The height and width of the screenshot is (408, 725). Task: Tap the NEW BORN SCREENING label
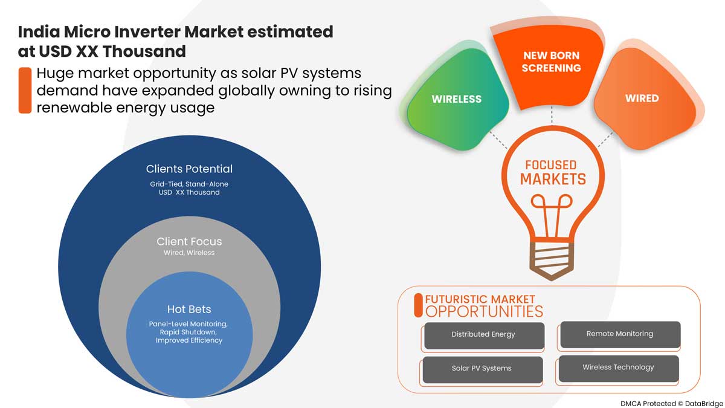(x=551, y=62)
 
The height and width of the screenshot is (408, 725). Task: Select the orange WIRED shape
(x=642, y=98)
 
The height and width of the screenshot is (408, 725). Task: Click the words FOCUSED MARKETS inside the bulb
(x=552, y=173)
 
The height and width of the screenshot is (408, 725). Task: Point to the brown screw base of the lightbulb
(x=552, y=260)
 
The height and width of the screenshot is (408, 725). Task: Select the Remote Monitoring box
(x=620, y=334)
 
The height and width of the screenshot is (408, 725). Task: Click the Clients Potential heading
(x=189, y=169)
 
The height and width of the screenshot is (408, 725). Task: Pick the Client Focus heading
(x=189, y=242)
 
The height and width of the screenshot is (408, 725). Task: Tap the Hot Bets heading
(x=189, y=309)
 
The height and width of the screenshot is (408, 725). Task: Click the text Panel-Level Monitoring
(x=188, y=324)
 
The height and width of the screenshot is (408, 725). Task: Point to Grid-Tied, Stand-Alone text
(x=189, y=184)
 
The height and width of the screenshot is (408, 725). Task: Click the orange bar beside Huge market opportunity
(x=25, y=90)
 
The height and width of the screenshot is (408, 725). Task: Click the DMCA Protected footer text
(x=648, y=404)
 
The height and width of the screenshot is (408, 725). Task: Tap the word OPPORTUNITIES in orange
(x=484, y=311)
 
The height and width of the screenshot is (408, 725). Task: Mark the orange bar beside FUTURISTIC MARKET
(x=418, y=305)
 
